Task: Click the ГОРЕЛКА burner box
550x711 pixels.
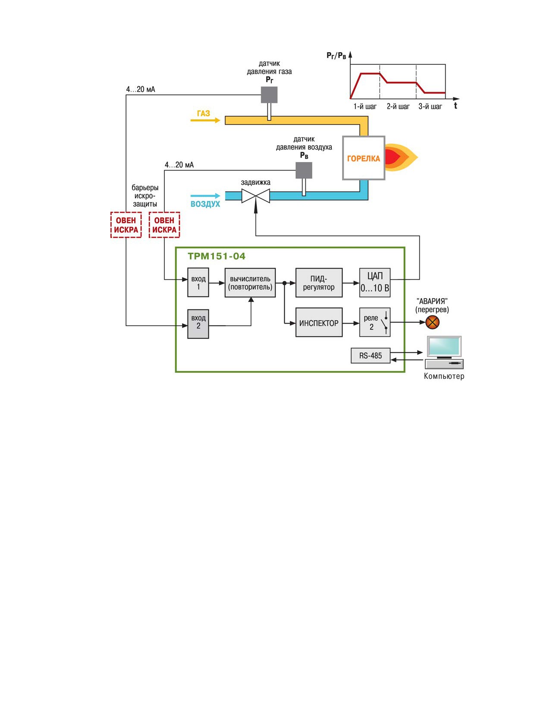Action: coord(363,158)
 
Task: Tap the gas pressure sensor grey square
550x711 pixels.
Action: coord(269,95)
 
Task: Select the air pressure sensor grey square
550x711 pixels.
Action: coord(304,171)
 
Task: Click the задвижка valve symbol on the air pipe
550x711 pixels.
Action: coord(255,196)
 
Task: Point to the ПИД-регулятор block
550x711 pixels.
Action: coord(319,283)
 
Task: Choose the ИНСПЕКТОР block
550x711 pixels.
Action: coord(319,322)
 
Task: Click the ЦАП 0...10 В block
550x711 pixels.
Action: coord(375,283)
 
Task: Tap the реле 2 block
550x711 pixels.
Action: coord(375,322)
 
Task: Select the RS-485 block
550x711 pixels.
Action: coord(371,355)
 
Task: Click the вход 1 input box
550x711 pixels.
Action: coord(198,282)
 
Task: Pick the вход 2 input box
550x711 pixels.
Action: coord(198,324)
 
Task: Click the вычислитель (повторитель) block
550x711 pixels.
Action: coord(250,283)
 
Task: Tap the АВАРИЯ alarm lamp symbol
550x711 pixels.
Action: coord(432,322)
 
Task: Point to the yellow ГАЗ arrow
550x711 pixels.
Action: coord(205,120)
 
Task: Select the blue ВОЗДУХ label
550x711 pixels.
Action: coord(205,204)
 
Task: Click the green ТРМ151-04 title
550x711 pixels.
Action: coord(216,256)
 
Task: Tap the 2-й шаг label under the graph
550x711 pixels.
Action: coord(398,107)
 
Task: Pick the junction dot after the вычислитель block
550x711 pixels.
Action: coord(284,283)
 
